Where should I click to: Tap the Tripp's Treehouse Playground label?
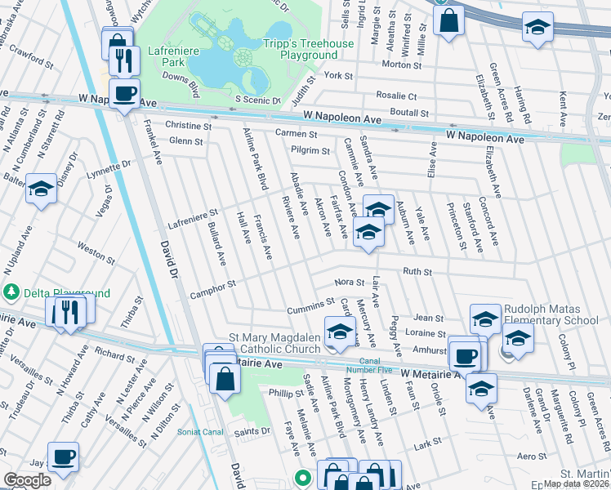coord(308,49)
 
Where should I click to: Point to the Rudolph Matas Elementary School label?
coord(551,314)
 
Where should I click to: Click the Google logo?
coord(27,480)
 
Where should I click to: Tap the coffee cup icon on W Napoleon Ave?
coord(124,94)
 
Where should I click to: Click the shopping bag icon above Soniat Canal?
coord(224,377)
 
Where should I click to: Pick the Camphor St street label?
coord(213,285)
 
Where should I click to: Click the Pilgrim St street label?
coord(310,150)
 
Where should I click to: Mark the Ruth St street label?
coord(416,272)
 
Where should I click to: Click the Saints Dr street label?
coord(252,431)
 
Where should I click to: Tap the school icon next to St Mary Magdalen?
coord(340,331)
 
